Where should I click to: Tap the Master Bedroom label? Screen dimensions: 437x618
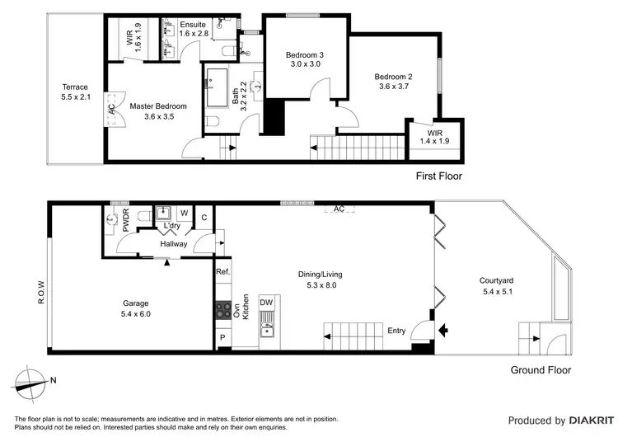(158, 106)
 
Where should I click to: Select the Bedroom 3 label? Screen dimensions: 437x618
(305, 55)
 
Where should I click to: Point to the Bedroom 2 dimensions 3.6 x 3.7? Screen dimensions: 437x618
(393, 87)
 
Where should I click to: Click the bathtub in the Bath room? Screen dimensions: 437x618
(218, 91)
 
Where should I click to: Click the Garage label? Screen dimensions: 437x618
(137, 303)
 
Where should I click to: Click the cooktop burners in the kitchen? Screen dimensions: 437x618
(222, 310)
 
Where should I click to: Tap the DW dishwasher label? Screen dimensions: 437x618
(266, 303)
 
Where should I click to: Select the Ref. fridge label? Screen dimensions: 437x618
(222, 272)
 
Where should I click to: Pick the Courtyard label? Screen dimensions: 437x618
(502, 280)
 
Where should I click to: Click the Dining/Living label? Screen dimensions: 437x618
(321, 275)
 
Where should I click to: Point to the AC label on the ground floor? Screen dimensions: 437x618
(339, 209)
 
